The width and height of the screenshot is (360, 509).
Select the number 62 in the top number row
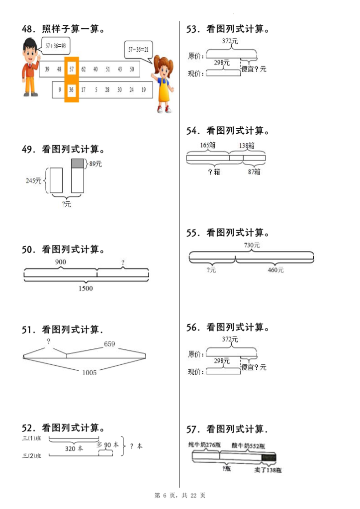click(83, 69)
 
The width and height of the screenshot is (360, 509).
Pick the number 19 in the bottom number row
click(143, 90)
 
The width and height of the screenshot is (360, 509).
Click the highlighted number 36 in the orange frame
click(72, 90)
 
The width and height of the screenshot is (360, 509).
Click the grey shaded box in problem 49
click(78, 163)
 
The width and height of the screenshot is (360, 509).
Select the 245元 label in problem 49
click(34, 181)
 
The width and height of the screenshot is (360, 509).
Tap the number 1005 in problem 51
click(90, 372)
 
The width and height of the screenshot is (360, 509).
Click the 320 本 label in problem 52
click(74, 448)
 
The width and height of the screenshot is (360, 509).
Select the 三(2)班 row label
click(31, 456)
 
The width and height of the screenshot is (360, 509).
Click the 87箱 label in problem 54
click(254, 172)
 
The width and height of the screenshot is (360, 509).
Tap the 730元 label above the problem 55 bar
click(252, 245)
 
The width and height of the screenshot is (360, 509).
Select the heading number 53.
click(193, 29)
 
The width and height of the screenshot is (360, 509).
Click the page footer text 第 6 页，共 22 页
click(180, 496)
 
